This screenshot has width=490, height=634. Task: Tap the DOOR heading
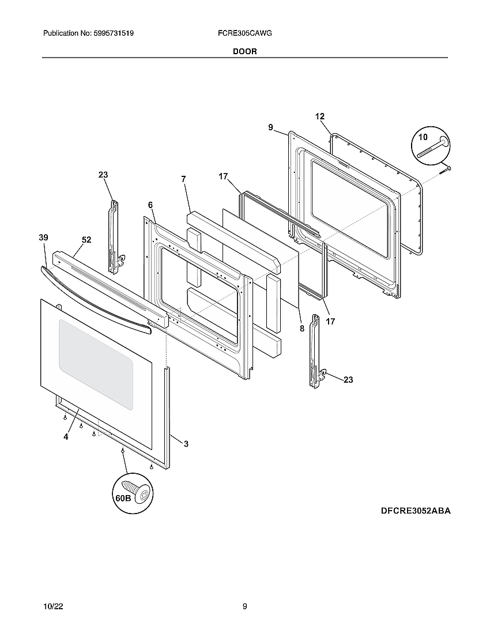click(x=245, y=51)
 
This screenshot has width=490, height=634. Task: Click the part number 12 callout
click(x=320, y=116)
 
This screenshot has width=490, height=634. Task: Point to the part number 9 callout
click(x=270, y=127)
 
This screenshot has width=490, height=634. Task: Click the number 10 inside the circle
click(x=423, y=137)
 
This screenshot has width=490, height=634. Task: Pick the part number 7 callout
click(x=183, y=179)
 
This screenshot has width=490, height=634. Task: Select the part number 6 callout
click(x=150, y=205)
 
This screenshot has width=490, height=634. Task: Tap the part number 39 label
click(x=43, y=237)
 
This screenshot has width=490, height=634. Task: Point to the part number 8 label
click(x=301, y=329)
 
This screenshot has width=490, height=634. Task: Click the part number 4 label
click(x=66, y=437)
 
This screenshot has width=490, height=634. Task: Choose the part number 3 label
click(x=186, y=444)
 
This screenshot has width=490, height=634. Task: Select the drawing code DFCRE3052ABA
click(x=415, y=511)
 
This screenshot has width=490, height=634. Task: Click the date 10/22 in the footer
click(x=52, y=606)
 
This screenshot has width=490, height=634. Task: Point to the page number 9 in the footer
click(x=245, y=606)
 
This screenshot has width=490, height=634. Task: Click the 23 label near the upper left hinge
click(x=103, y=175)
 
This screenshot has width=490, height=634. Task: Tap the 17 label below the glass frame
click(x=330, y=322)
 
